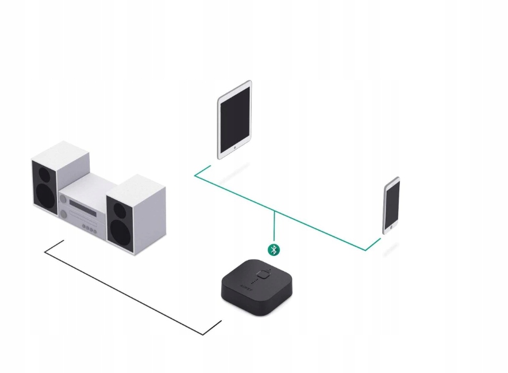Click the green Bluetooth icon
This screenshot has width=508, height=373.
(274, 250)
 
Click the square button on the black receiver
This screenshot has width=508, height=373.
(264, 274)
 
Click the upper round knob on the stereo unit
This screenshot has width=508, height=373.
(63, 199)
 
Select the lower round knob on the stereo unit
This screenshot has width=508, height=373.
(64, 214)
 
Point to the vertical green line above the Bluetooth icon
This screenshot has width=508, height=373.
(274, 227)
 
